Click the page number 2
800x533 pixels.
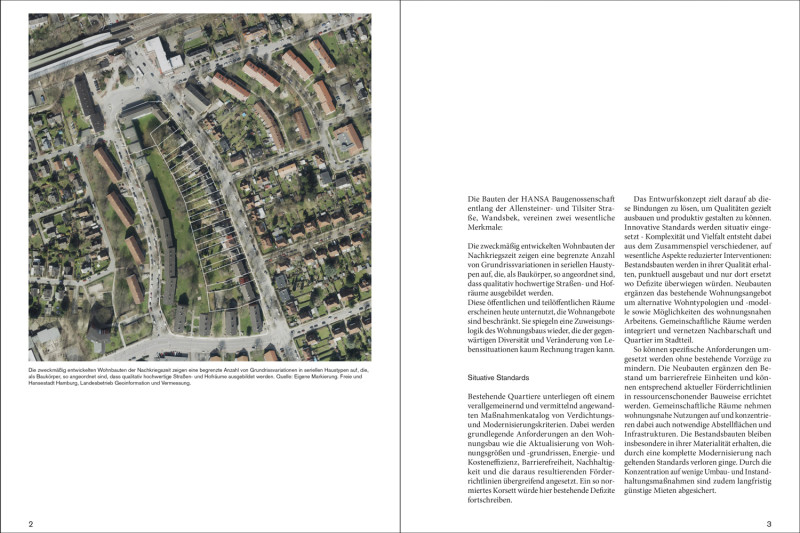click(31, 524)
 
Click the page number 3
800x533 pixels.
click(769, 524)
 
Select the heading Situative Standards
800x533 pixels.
click(502, 379)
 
